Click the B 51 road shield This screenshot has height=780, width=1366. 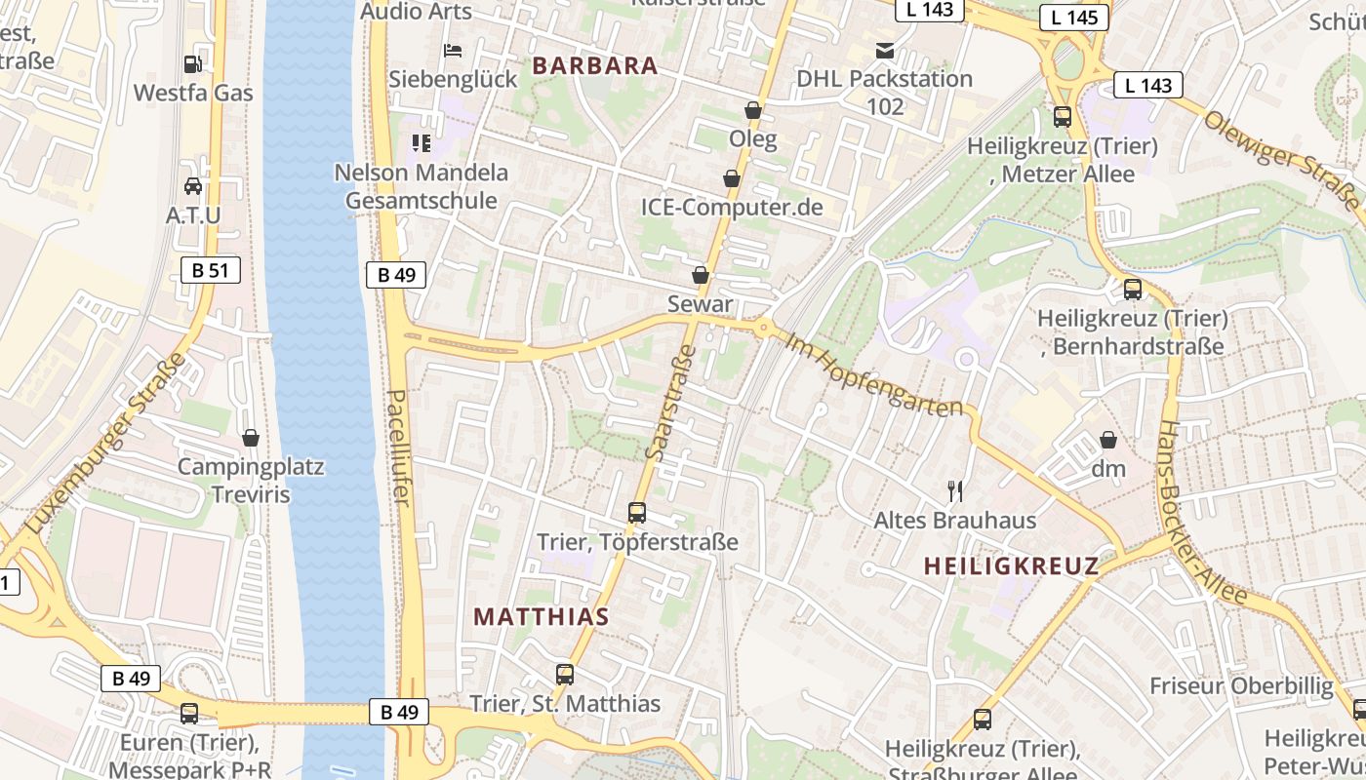pyautogui.click(x=210, y=270)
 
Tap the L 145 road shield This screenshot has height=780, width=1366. pyautogui.click(x=1074, y=18)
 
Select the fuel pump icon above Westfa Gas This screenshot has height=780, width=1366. pyautogui.click(x=193, y=64)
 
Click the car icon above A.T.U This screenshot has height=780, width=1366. pyautogui.click(x=193, y=185)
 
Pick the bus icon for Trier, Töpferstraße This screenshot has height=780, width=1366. pyautogui.click(x=637, y=512)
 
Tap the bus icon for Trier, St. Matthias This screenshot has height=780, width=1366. pyautogui.click(x=565, y=674)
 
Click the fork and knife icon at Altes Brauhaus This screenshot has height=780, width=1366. pyautogui.click(x=955, y=491)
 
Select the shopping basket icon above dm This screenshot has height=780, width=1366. pyautogui.click(x=1108, y=440)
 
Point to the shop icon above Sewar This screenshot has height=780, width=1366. pyautogui.click(x=701, y=275)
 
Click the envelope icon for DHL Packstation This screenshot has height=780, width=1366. pyautogui.click(x=885, y=51)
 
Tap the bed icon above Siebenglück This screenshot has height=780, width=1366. pyautogui.click(x=453, y=51)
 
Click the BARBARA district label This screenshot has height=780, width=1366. pyautogui.click(x=595, y=66)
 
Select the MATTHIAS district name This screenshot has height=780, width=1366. pyautogui.click(x=542, y=616)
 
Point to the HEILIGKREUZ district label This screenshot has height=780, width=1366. pyautogui.click(x=1011, y=565)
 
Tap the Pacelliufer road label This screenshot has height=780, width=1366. pyautogui.click(x=398, y=448)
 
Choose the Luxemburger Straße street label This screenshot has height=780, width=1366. pyautogui.click(x=105, y=444)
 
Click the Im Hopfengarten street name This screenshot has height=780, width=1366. pyautogui.click(x=873, y=376)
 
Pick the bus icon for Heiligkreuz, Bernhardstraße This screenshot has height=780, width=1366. pyautogui.click(x=1132, y=290)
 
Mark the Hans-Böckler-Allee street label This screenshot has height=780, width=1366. pyautogui.click(x=1201, y=511)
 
